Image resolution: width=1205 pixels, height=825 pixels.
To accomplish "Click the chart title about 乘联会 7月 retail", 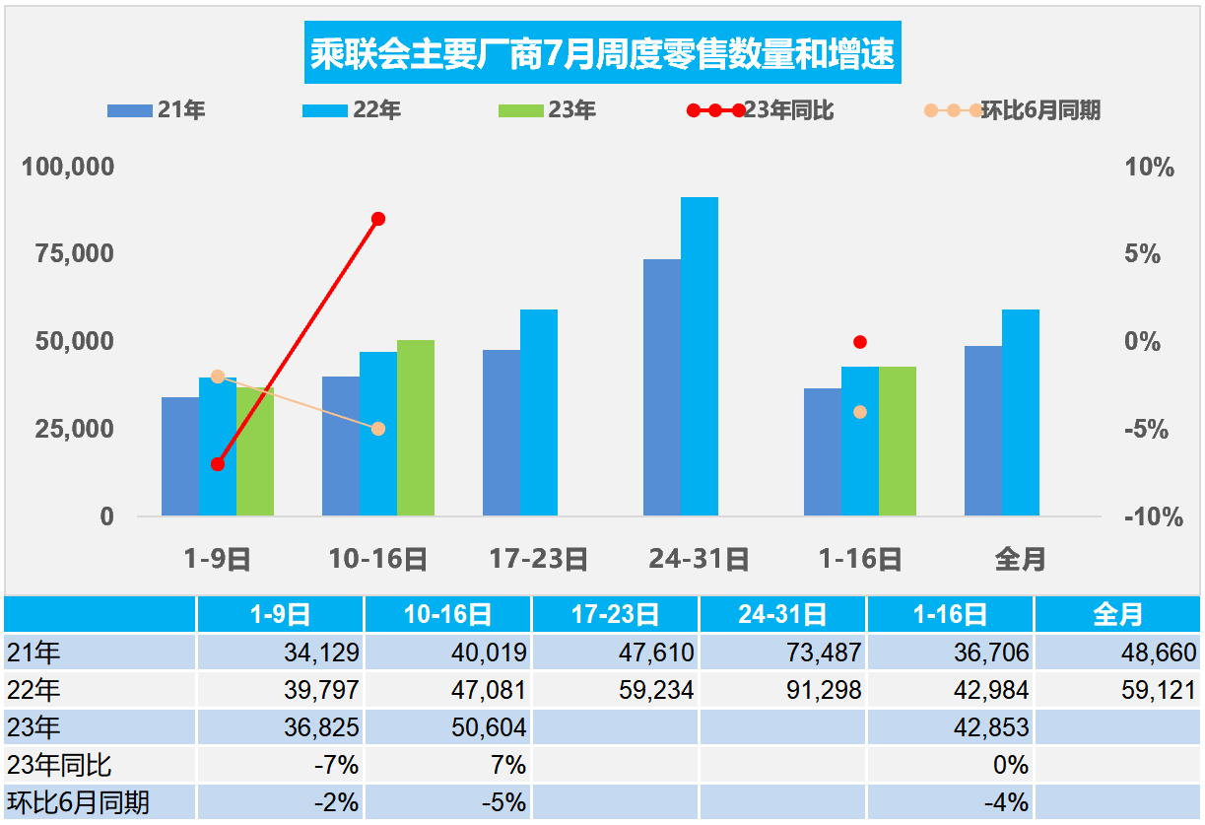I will [x=602, y=54].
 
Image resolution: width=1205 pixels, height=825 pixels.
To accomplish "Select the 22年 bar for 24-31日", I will [x=700, y=356].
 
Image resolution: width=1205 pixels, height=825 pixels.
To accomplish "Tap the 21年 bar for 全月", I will [x=983, y=430].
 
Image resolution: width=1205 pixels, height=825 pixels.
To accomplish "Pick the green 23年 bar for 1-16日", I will [x=898, y=441].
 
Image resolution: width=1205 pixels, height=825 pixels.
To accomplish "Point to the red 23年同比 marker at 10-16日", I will [x=378, y=219].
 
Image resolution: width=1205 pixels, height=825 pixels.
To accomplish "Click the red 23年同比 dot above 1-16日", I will [x=860, y=342].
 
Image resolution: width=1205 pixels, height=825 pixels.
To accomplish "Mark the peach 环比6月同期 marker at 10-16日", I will [x=378, y=429].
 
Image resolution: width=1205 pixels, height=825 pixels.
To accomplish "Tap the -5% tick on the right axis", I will [x=1149, y=430].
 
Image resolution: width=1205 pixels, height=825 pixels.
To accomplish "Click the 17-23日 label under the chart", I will [x=539, y=560].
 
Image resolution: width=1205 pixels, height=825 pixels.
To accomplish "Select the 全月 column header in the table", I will [x=1117, y=615].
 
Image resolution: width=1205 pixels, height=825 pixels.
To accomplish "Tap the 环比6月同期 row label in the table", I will [x=78, y=802].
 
